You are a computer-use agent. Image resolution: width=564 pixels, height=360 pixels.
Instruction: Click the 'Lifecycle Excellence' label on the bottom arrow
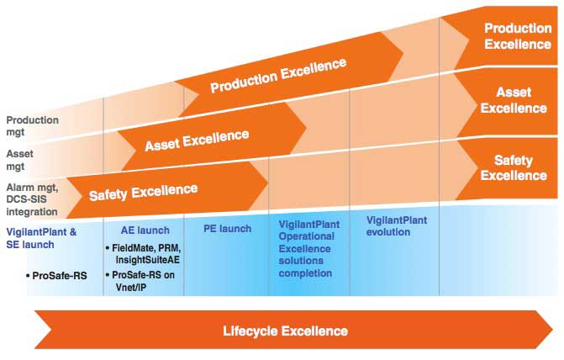click(x=285, y=331)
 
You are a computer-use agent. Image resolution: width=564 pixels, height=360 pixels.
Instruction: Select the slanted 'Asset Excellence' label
click(x=197, y=140)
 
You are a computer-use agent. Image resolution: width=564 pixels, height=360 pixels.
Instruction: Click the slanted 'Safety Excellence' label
click(x=144, y=193)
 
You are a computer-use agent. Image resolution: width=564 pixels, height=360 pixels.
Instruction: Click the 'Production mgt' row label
click(x=33, y=125)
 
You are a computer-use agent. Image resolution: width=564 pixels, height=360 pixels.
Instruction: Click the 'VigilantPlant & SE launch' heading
click(x=41, y=237)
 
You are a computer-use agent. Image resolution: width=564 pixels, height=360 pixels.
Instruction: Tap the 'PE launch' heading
click(x=227, y=229)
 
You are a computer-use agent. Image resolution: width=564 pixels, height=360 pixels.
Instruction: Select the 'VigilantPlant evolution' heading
click(x=397, y=225)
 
